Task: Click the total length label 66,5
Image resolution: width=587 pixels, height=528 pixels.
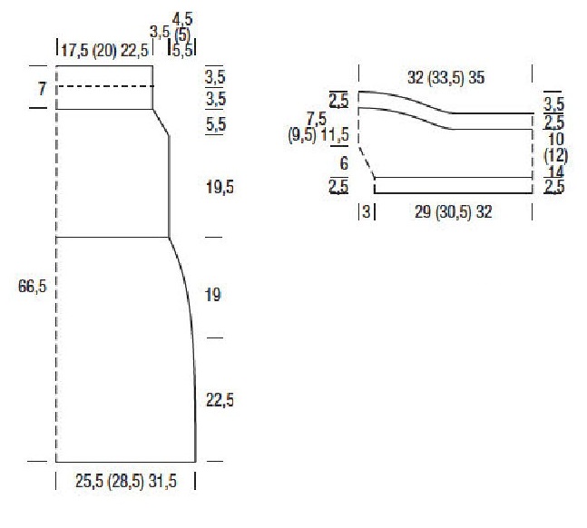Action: pyautogui.click(x=32, y=287)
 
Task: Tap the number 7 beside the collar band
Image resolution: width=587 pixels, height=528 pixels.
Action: pyautogui.click(x=42, y=89)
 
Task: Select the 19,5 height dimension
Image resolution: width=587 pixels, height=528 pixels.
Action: pyautogui.click(x=220, y=187)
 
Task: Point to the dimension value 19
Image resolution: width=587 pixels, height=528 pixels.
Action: pyautogui.click(x=213, y=295)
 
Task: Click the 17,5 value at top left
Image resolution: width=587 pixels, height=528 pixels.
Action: pyautogui.click(x=75, y=50)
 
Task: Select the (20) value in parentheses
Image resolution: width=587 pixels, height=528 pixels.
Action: pyautogui.click(x=105, y=50)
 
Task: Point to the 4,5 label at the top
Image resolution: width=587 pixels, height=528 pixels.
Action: pyautogui.click(x=182, y=19)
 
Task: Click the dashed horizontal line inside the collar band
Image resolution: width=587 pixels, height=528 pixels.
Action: pyautogui.click(x=105, y=86)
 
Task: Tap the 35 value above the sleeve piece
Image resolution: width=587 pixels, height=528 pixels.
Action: pyautogui.click(x=476, y=77)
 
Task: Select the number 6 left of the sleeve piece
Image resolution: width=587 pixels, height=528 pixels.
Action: pyautogui.click(x=344, y=163)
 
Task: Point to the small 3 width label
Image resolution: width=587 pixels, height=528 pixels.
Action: pyautogui.click(x=367, y=211)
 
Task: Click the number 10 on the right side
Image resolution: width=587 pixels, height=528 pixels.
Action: pyautogui.click(x=555, y=140)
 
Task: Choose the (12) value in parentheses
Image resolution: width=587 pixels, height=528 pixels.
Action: pyautogui.click(x=555, y=156)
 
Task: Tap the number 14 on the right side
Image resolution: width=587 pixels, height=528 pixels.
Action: pyautogui.click(x=556, y=171)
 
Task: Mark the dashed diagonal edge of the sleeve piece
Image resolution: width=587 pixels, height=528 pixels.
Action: pyautogui.click(x=367, y=162)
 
